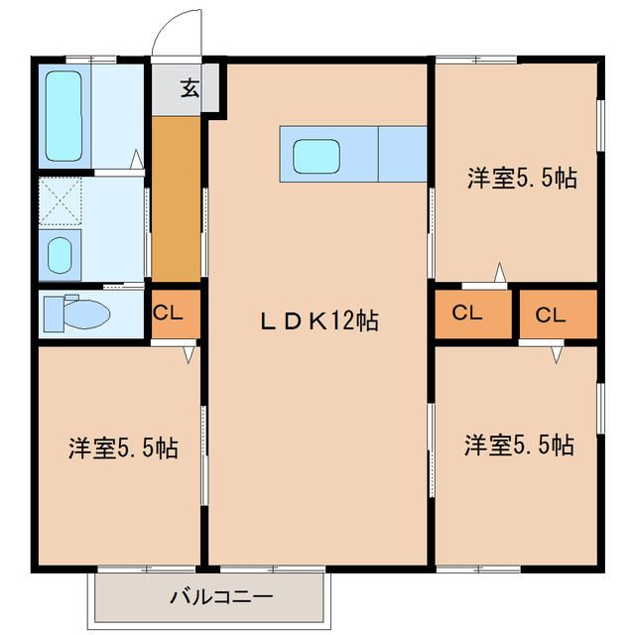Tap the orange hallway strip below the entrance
click(177, 198)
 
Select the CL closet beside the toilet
click(169, 313)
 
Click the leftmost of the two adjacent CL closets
click(467, 314)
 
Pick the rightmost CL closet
click(552, 315)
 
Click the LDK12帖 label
click(317, 321)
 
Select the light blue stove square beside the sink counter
click(403, 154)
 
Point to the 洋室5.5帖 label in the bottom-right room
click(518, 444)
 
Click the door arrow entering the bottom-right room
click(557, 353)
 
